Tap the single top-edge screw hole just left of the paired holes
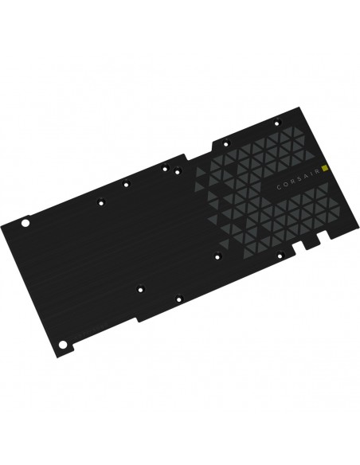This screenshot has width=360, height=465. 126,184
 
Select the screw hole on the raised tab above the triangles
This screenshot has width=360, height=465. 226,144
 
